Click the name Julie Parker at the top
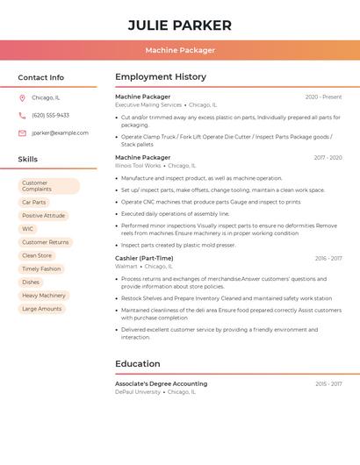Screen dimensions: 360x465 [180, 25]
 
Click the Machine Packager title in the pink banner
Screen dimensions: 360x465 [180, 50]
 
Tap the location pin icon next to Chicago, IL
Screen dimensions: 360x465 [22, 98]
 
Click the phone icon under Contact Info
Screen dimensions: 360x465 [22, 116]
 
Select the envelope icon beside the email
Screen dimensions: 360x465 [22, 133]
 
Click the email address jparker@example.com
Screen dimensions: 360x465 [60, 133]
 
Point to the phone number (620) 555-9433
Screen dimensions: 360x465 [50, 116]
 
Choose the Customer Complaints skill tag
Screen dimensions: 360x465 [48, 186]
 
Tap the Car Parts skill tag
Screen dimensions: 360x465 [34, 203]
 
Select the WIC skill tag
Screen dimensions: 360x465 [28, 229]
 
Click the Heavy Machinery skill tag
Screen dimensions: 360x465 [44, 296]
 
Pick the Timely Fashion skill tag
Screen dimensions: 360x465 [41, 269]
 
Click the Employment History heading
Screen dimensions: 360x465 [161, 77]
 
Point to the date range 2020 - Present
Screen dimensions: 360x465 [323, 97]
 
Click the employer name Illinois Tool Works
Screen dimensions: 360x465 [138, 166]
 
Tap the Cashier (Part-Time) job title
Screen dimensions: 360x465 [144, 259]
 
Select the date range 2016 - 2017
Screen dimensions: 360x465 [328, 259]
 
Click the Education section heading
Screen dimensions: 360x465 [138, 364]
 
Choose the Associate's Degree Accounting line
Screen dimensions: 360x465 [162, 384]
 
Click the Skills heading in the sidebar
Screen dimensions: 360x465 [28, 160]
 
